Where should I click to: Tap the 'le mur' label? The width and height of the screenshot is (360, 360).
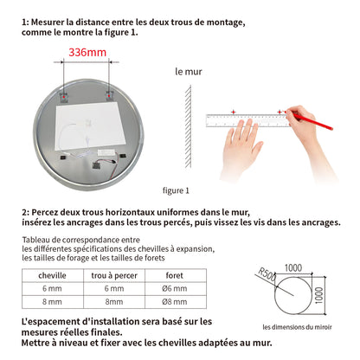(188, 72)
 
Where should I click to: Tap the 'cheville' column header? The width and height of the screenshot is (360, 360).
(48, 278)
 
